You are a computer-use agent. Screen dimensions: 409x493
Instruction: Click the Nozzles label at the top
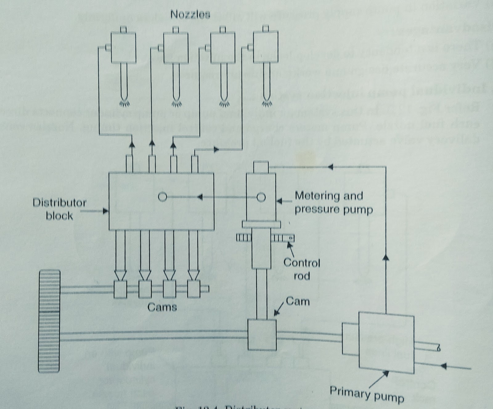[190, 14]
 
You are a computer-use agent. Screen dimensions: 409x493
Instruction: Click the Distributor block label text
[59, 209]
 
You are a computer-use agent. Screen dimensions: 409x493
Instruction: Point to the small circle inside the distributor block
[162, 197]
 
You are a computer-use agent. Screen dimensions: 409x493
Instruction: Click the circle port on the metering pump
[261, 197]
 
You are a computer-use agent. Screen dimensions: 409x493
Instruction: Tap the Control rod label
[302, 269]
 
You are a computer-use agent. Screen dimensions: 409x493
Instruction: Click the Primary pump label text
[367, 394]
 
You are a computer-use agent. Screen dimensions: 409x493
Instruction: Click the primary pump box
[386, 342]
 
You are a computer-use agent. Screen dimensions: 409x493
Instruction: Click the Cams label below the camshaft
[162, 307]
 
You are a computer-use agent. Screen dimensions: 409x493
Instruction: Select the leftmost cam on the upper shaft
[120, 290]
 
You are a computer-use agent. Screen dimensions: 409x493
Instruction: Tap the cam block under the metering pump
[262, 334]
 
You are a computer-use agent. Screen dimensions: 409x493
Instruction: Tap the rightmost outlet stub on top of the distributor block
[194, 164]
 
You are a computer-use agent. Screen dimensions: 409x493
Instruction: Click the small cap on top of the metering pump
[261, 167]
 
